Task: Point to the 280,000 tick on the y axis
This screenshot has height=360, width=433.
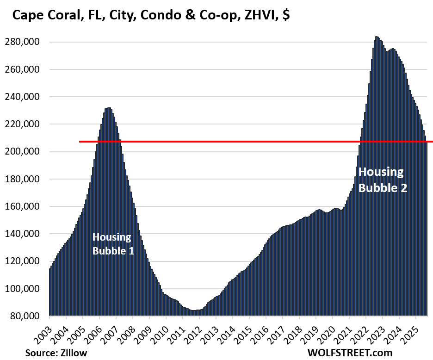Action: [x=26, y=42]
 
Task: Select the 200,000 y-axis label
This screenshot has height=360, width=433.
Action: [x=26, y=152]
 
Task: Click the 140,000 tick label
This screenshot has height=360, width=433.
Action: [x=26, y=234]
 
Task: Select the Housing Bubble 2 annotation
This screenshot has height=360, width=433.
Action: [x=383, y=180]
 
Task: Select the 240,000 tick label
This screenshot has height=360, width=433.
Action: [x=26, y=97]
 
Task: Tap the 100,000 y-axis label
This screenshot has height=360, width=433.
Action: [x=26, y=289]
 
